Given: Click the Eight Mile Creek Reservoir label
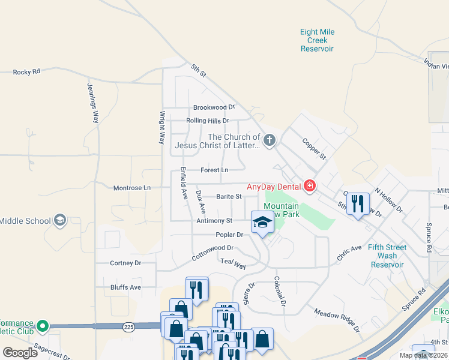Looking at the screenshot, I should point(317,40).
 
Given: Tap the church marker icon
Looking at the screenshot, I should point(270,141).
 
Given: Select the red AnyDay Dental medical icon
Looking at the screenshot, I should point(310,187).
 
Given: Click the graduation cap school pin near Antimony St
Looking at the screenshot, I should point(262,223).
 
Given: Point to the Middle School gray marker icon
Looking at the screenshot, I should point(59,221).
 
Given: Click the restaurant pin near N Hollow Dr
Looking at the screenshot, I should point(358,203).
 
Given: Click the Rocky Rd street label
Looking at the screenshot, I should point(26,71).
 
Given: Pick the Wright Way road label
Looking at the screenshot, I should point(161,127).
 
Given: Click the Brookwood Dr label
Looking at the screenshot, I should point(214,107).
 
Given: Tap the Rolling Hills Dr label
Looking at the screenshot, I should point(208,121).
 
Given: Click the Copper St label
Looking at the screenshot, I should point(314,149).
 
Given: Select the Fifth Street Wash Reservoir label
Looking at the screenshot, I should point(387,256).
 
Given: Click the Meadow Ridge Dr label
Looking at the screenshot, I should point(337,320).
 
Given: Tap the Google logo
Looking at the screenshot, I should point(20,353).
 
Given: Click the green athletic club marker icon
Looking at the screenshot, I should point(42,326).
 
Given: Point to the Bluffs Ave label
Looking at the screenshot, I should point(125,287).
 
